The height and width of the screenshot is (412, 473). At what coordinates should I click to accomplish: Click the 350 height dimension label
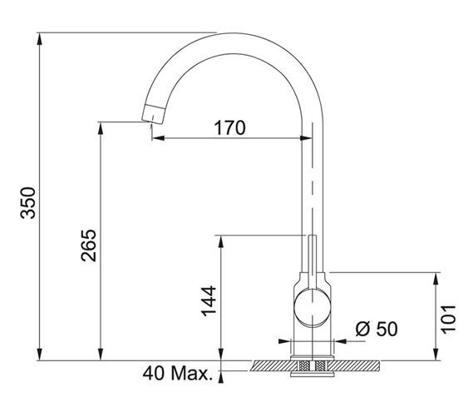(28, 203)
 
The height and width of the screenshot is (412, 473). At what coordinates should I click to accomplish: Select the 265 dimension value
(88, 246)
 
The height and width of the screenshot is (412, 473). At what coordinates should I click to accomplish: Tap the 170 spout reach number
(230, 128)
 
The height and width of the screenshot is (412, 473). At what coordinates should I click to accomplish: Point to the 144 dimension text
(209, 300)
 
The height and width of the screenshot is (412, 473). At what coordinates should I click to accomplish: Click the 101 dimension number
(449, 320)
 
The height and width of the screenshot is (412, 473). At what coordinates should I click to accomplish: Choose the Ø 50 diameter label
(377, 329)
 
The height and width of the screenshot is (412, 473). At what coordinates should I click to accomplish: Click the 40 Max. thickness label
(178, 373)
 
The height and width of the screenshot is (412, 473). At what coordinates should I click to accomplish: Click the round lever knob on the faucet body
(313, 307)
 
